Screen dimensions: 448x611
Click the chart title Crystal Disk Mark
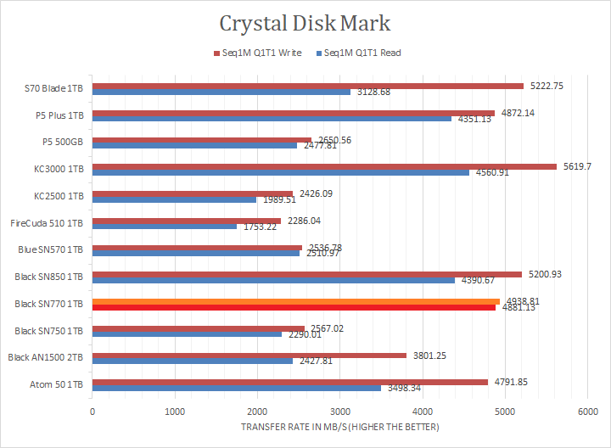pos(305,22)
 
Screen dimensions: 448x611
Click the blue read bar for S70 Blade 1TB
pos(221,92)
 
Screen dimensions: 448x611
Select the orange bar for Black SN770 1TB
pos(296,301)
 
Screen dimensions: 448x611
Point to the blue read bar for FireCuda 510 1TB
pos(165,227)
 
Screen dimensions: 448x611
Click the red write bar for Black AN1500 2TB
pos(249,355)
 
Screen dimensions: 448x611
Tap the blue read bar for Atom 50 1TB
pos(237,389)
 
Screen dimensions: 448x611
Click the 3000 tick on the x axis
pos(340,412)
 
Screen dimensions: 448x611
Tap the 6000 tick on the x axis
pos(588,412)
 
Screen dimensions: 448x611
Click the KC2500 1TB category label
pos(59,196)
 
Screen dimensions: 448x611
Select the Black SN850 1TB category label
pos(49,277)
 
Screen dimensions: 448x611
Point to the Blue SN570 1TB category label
pos(51,249)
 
